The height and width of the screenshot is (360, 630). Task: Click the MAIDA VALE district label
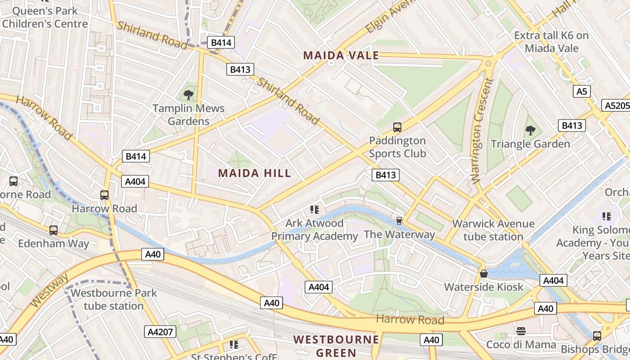point(341,55)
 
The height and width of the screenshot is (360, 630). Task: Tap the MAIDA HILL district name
point(255,173)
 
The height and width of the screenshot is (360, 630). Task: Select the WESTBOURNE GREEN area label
point(336,346)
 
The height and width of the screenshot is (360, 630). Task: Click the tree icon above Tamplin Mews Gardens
point(189,94)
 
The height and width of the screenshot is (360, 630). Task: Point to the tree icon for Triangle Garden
point(531,130)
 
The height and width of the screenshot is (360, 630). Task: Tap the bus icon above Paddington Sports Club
point(397,127)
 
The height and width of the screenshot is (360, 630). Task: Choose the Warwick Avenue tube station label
point(493,230)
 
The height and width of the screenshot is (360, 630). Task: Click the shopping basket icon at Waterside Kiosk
point(484,274)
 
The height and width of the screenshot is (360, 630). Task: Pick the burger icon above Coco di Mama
point(521,331)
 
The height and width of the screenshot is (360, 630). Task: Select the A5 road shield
point(582,92)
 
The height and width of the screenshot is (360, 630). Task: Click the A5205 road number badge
point(616,105)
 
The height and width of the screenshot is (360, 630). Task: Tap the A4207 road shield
point(161,332)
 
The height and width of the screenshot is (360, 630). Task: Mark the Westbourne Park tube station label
point(114,299)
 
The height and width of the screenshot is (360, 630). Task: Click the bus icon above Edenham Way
point(54,230)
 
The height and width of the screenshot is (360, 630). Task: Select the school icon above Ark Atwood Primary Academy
point(314,209)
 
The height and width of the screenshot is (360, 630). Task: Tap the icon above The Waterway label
point(399,220)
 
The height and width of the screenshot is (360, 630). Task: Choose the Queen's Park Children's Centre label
point(45,17)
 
